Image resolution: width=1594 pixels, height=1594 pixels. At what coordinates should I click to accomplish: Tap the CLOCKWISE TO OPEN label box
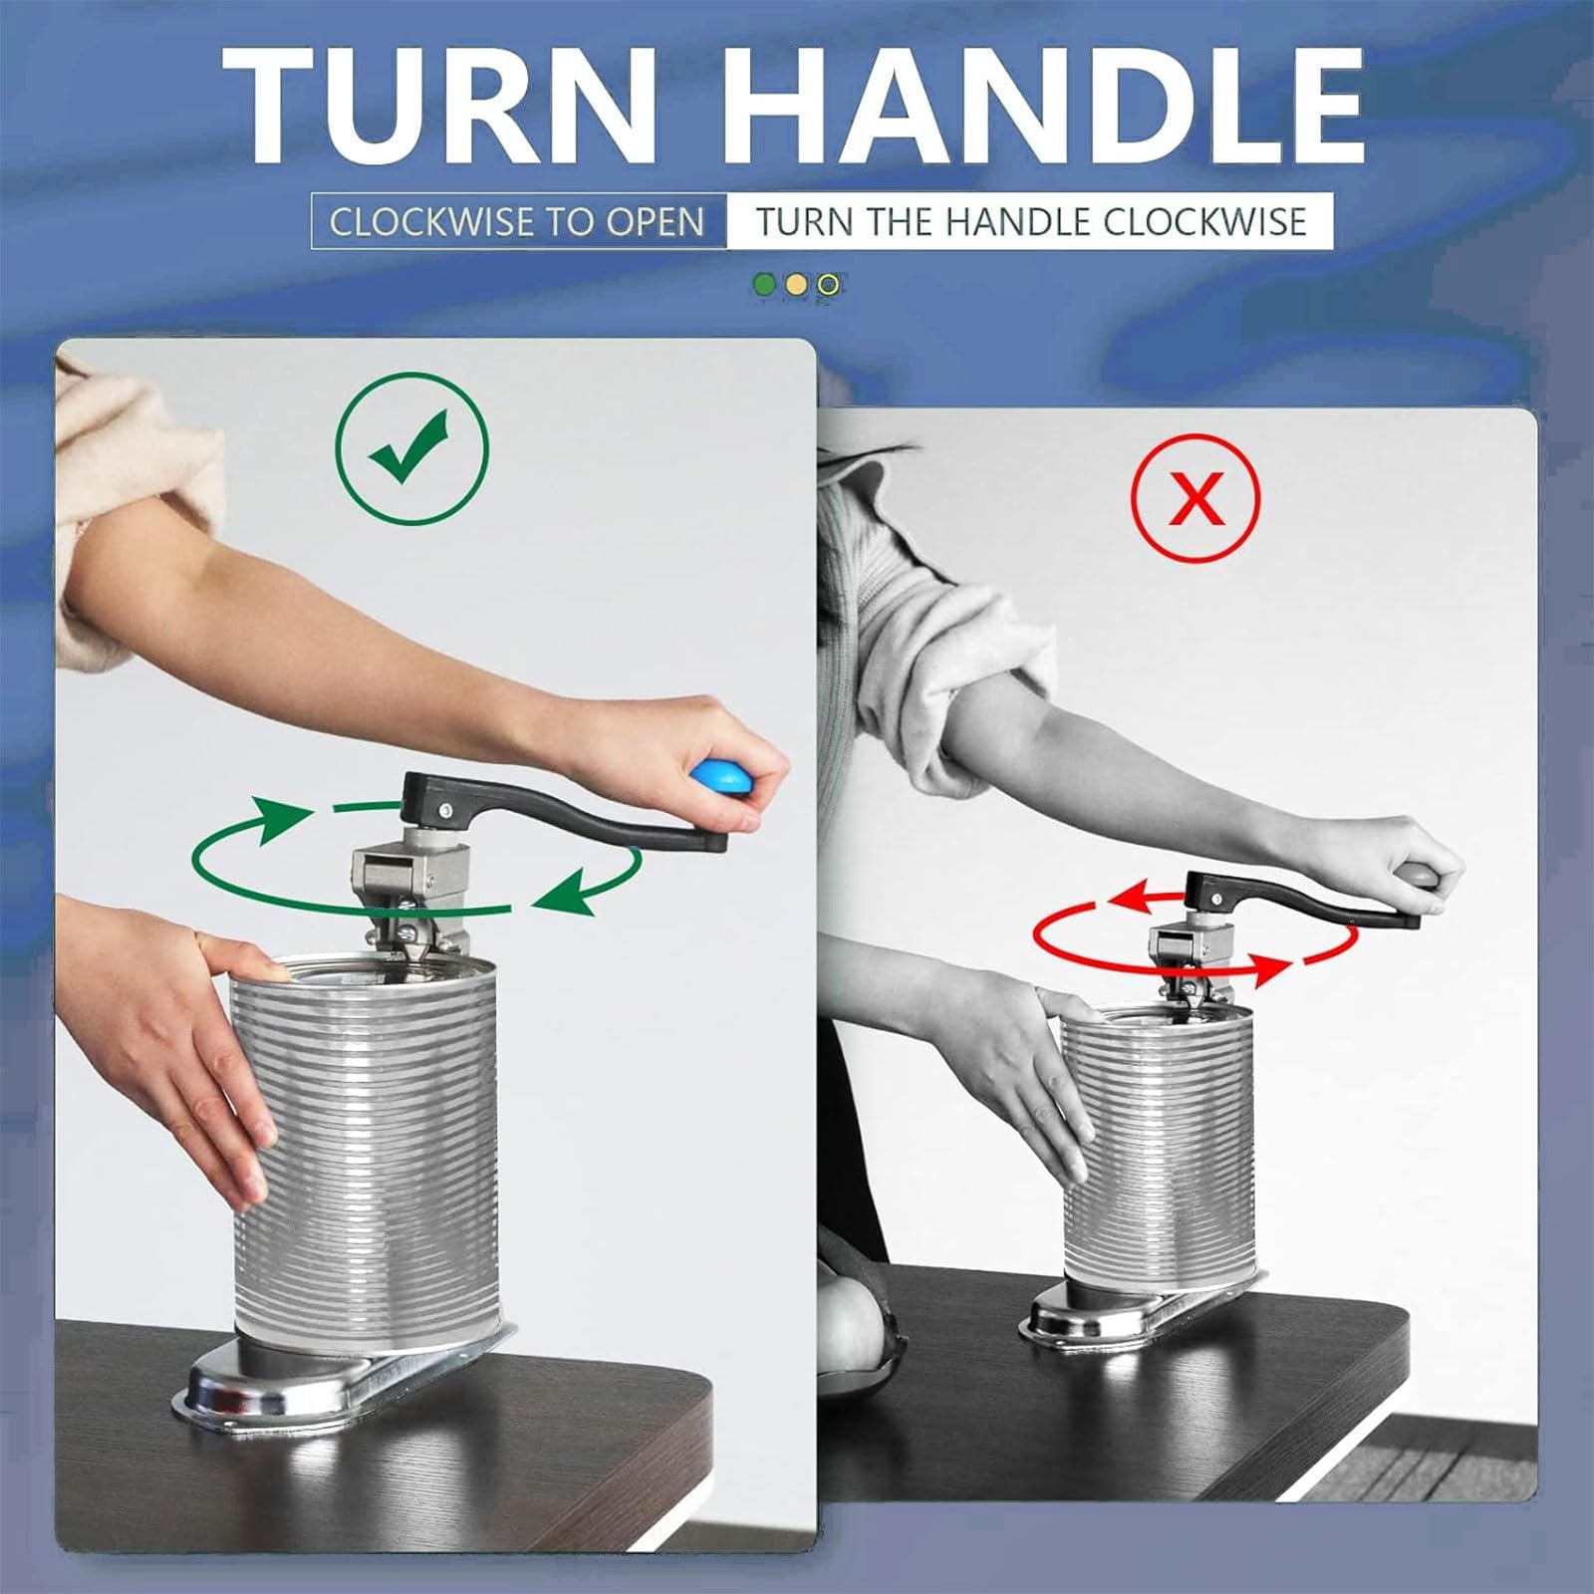pyautogui.click(x=517, y=221)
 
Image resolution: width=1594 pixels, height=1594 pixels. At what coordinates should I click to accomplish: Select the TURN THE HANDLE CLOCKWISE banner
pyautogui.click(x=1030, y=221)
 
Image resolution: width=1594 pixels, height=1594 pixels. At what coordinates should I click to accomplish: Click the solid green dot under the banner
pyautogui.click(x=765, y=285)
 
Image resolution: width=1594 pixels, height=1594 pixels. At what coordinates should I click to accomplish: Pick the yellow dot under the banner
pyautogui.click(x=796, y=285)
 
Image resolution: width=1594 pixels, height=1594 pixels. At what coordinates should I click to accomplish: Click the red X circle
pyautogui.click(x=1195, y=498)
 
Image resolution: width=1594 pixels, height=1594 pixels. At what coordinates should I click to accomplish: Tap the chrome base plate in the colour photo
pyautogui.click(x=344, y=1365)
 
